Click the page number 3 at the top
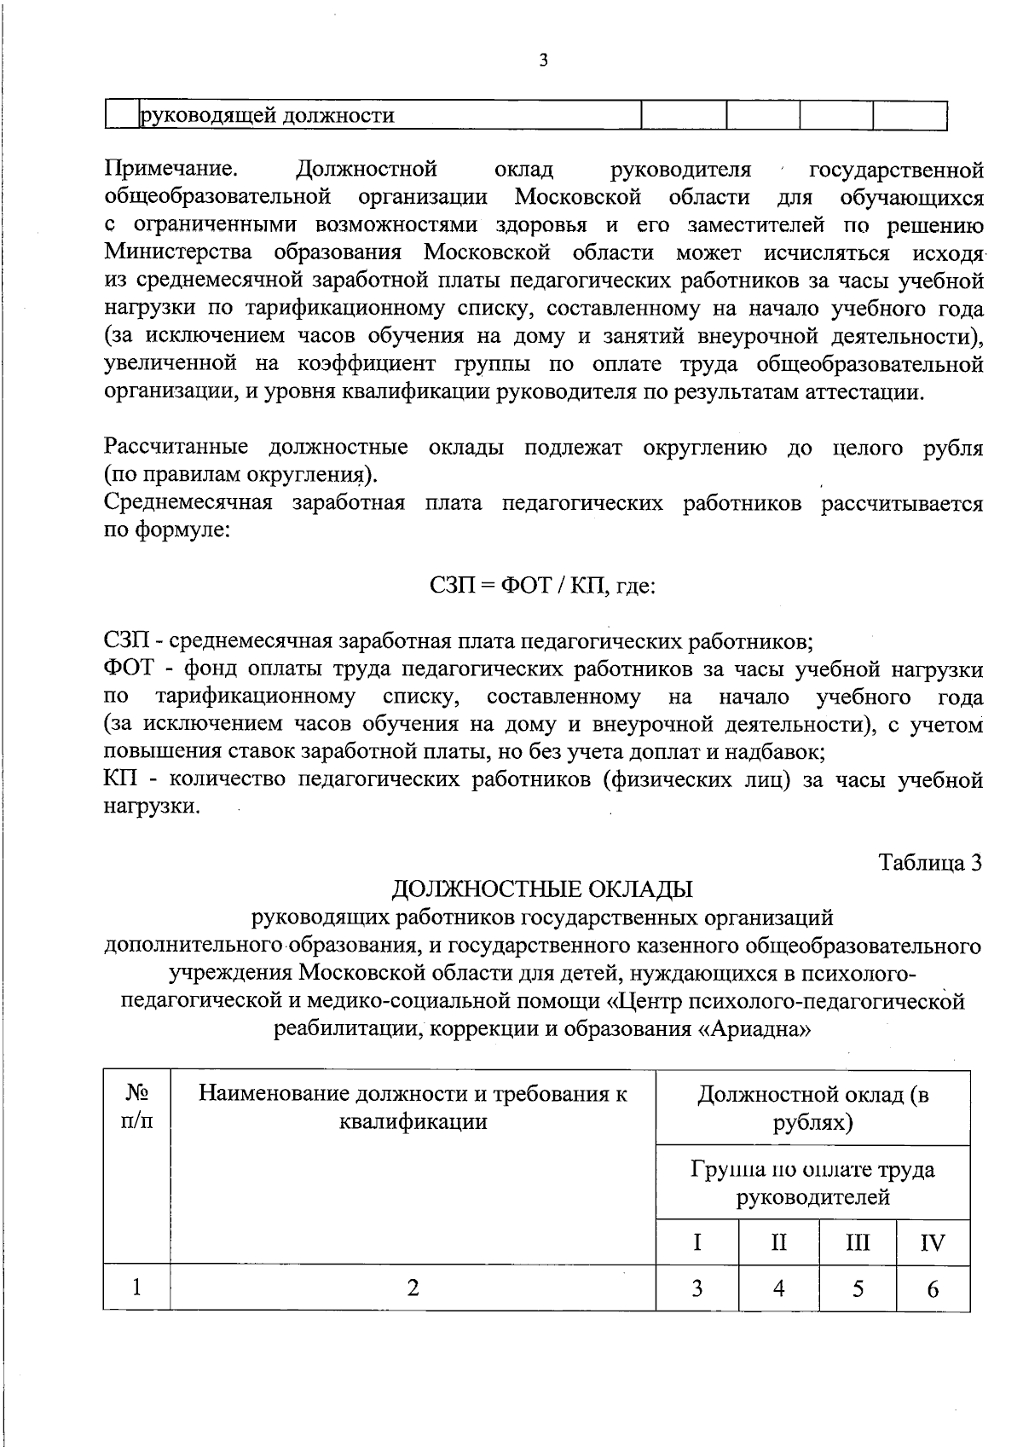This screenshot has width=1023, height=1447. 543,60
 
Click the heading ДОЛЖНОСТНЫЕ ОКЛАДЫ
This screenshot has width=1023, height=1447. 541,889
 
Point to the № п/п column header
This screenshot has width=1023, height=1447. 136,1107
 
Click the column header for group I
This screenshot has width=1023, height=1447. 696,1242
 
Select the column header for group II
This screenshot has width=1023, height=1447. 778,1242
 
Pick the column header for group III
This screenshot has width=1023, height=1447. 858,1242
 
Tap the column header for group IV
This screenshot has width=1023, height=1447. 933,1242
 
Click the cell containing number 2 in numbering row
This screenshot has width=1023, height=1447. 413,1287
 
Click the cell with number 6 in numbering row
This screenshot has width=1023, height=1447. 933,1288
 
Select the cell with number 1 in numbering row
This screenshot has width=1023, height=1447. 136,1287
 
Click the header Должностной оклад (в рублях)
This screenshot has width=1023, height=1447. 812,1108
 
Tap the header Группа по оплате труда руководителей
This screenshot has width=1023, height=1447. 812,1183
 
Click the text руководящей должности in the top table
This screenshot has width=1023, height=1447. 267,115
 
